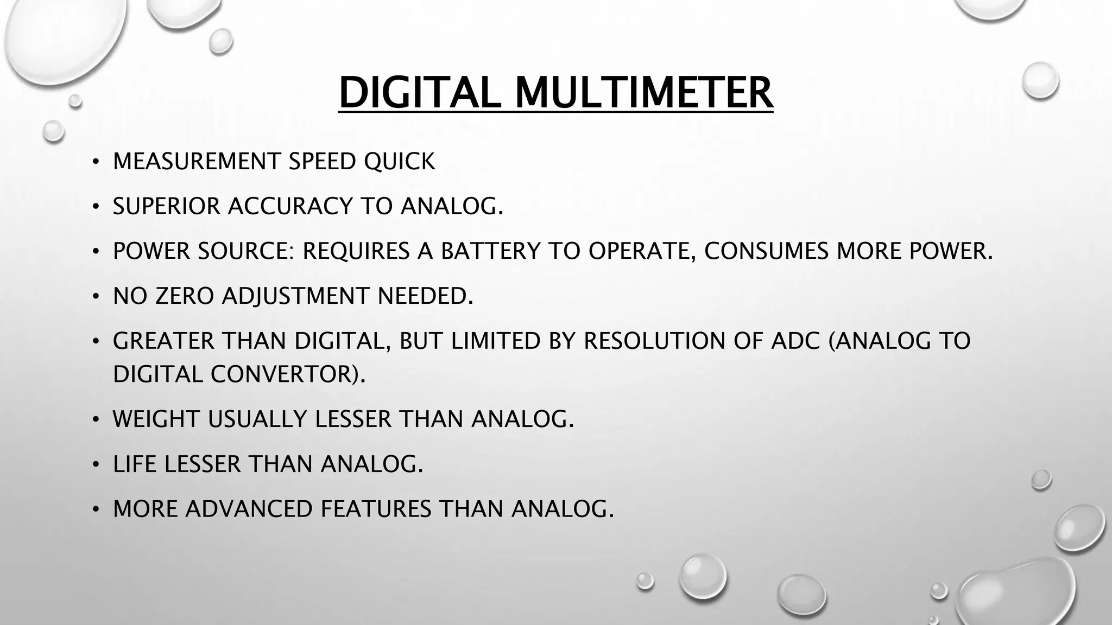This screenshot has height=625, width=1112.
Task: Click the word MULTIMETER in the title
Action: click(643, 92)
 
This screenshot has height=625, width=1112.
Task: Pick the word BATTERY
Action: click(490, 251)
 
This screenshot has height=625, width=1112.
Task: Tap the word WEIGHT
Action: click(156, 419)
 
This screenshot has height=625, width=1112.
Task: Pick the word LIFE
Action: click(134, 464)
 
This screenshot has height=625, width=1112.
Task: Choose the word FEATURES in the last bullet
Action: click(376, 509)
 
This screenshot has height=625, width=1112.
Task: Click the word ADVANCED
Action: click(249, 509)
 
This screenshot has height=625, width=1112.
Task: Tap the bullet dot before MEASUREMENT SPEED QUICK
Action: click(96, 162)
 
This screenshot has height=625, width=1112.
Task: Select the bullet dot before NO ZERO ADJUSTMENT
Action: click(96, 296)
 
